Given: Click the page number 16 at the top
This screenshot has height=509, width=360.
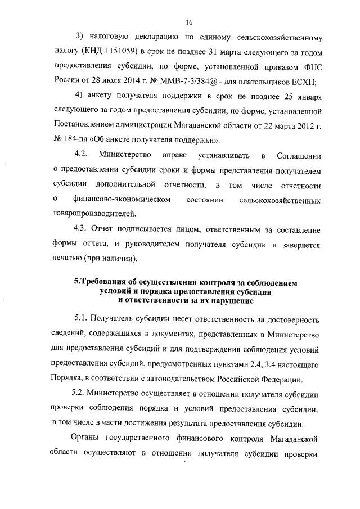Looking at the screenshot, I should [x=189, y=22].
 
